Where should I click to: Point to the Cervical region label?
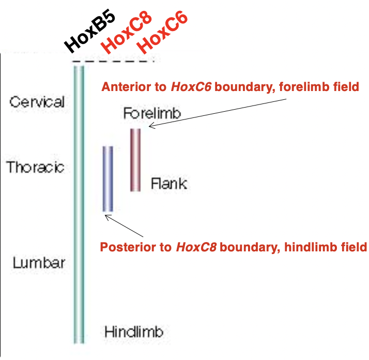(x=37, y=101)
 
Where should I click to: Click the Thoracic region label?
(x=36, y=167)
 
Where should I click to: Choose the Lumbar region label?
(x=39, y=262)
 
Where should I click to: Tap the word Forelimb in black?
(x=152, y=113)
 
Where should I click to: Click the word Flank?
(x=168, y=183)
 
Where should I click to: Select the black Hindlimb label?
(x=134, y=332)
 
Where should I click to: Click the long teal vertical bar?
(x=79, y=207)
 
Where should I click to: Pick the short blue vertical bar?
(x=107, y=178)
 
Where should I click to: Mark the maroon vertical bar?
(x=135, y=159)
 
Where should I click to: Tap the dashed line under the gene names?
(x=114, y=61)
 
